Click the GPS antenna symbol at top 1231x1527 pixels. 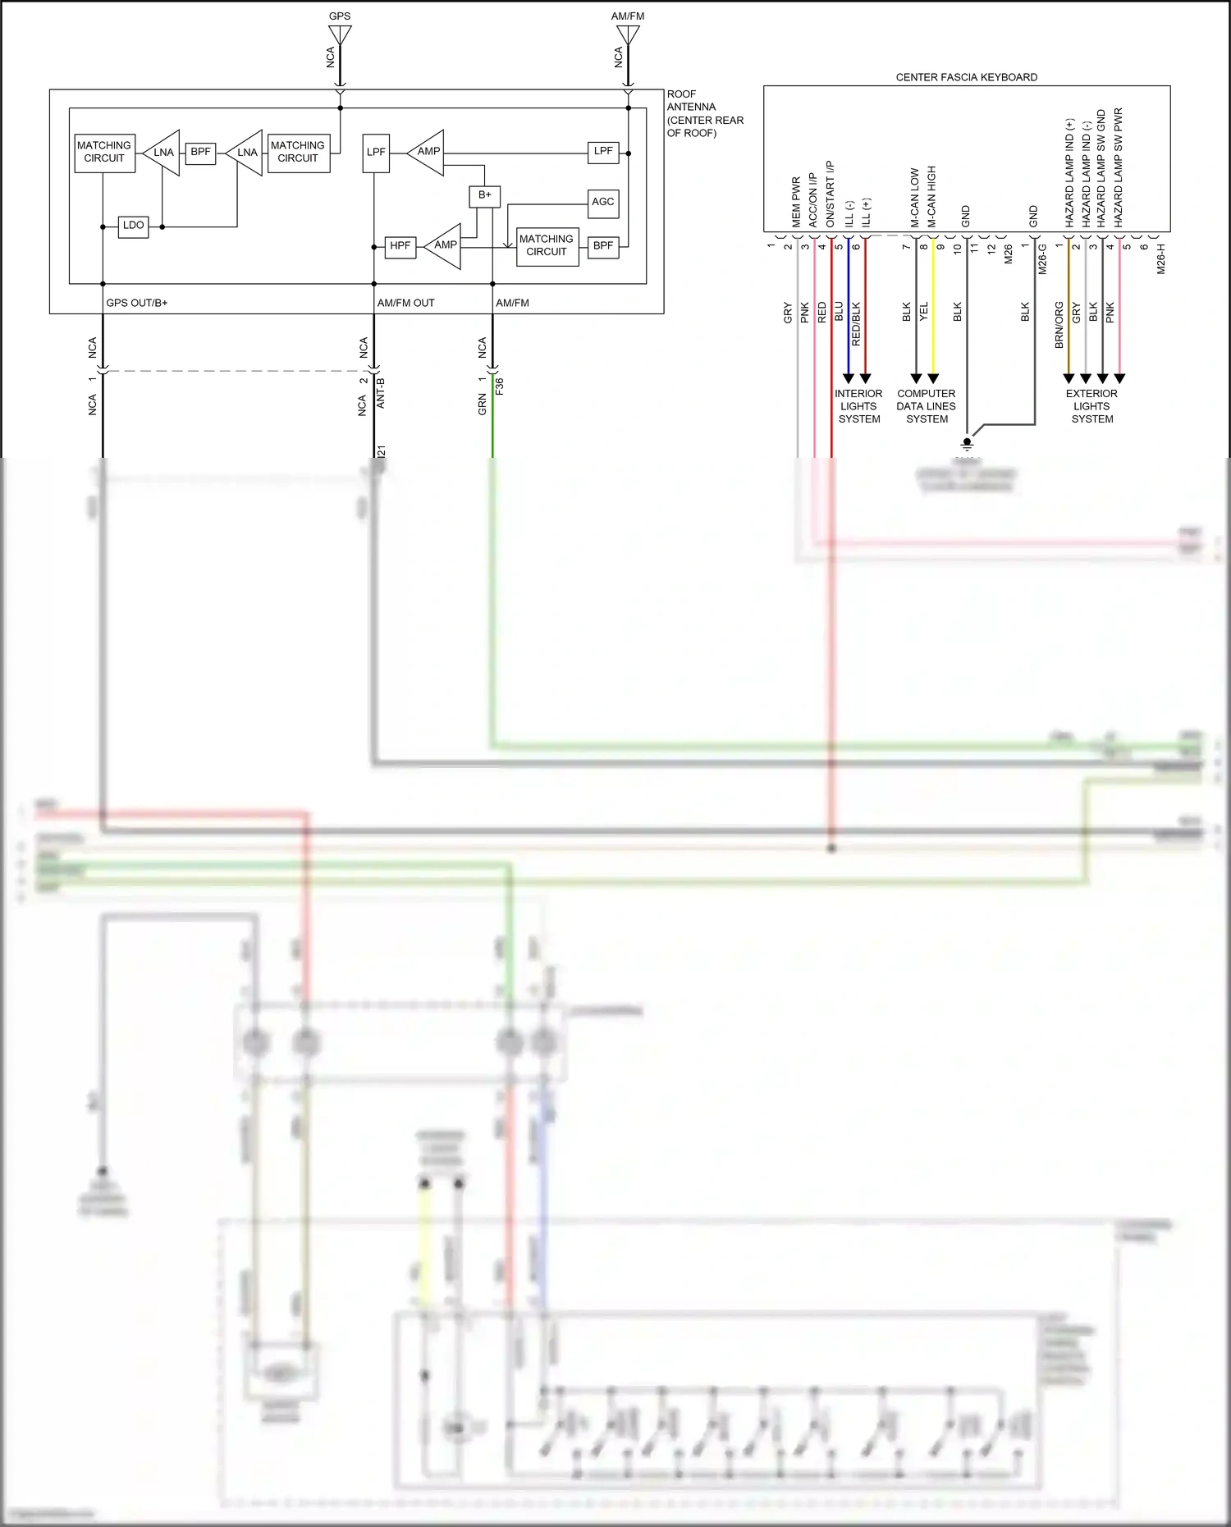click(x=340, y=34)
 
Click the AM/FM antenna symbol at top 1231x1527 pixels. click(x=628, y=34)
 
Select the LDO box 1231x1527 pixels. click(x=134, y=226)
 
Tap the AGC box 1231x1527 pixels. click(x=603, y=203)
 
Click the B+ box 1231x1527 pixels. click(x=484, y=195)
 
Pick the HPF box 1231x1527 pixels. click(x=400, y=246)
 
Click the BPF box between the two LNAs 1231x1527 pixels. click(x=200, y=153)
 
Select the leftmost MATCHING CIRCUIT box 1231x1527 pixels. click(x=103, y=153)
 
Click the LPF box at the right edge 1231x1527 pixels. click(x=603, y=152)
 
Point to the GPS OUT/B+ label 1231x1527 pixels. click(x=136, y=303)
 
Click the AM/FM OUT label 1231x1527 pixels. click(x=405, y=303)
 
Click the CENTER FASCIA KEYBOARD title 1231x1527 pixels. click(x=966, y=77)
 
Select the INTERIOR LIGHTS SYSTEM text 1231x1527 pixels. click(x=858, y=406)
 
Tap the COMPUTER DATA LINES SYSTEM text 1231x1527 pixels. click(x=926, y=406)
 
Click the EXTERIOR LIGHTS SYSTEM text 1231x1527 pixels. click(x=1091, y=406)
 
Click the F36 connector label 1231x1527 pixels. click(x=500, y=386)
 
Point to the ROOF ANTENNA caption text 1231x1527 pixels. click(x=704, y=113)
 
